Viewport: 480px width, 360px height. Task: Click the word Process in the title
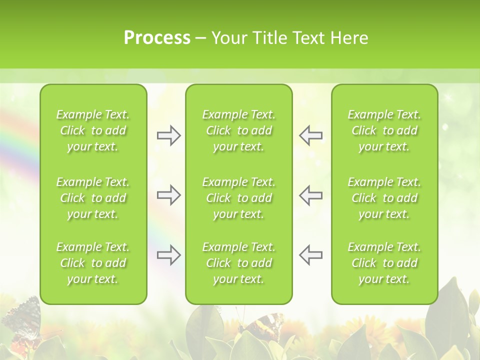157,37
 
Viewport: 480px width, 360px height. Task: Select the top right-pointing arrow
168,135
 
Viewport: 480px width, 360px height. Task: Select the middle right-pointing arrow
168,195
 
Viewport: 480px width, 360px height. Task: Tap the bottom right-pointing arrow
168,255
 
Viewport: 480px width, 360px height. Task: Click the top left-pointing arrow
310,135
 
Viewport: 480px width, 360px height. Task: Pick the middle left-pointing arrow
310,195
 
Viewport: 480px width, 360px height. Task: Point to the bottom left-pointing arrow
310,255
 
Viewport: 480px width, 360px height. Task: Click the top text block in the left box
93,130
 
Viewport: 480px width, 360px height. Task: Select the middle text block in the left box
93,198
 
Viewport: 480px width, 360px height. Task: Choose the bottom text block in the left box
93,263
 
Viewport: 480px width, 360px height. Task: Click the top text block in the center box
239,130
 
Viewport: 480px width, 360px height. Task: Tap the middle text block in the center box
239,198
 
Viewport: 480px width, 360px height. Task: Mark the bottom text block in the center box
239,263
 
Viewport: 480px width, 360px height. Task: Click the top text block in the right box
384,130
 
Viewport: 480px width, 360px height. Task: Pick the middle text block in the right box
384,198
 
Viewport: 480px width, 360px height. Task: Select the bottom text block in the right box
384,263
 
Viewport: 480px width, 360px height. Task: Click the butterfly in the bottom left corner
22,320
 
